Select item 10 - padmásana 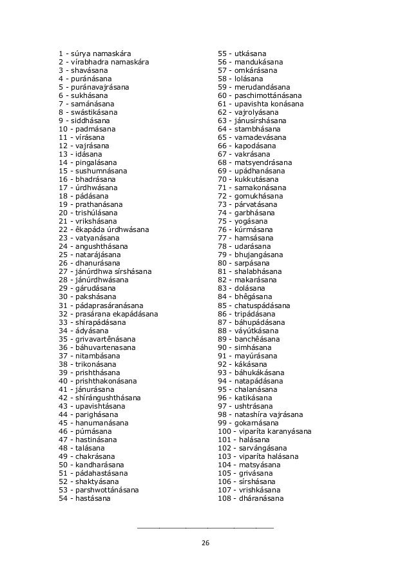pyautogui.click(x=85, y=129)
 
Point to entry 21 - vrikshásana pyautogui.click(x=86, y=221)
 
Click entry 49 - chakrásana pyautogui.click(x=86, y=456)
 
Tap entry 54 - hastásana pyautogui.click(x=84, y=498)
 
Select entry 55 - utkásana pyautogui.click(x=243, y=53)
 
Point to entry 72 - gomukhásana pyautogui.click(x=250, y=196)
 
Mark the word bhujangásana pyautogui.click(x=258, y=255)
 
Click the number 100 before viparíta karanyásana pyautogui.click(x=225, y=431)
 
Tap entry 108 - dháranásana pyautogui.click(x=252, y=498)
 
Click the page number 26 pyautogui.click(x=205, y=543)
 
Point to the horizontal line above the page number pyautogui.click(x=205, y=528)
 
